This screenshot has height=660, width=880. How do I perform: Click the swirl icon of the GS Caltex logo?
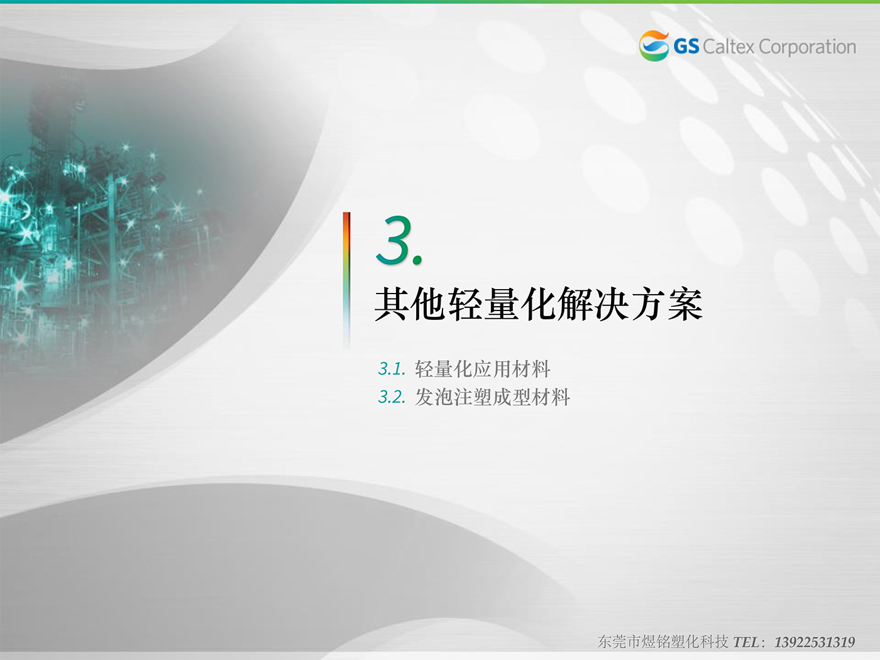point(654,46)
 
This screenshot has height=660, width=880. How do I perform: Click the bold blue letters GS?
point(686,47)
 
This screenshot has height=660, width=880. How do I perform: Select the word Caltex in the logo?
point(729,47)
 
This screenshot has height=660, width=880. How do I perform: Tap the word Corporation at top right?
point(807,47)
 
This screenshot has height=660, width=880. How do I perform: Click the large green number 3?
point(395,240)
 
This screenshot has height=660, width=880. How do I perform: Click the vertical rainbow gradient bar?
point(346,280)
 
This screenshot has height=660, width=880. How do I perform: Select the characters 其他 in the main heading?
point(410,304)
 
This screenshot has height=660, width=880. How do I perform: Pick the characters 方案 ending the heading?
point(666,304)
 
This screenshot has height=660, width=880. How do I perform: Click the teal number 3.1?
point(392,369)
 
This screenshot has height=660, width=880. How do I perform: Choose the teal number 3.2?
point(392,397)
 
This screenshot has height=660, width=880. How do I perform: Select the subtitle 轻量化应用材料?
point(482,369)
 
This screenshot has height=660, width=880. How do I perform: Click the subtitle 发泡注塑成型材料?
point(492,397)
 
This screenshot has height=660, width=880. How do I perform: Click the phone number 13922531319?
point(814,642)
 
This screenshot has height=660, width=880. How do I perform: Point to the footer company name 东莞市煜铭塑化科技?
point(663,642)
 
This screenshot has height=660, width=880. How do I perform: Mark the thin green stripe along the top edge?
point(440,2)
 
